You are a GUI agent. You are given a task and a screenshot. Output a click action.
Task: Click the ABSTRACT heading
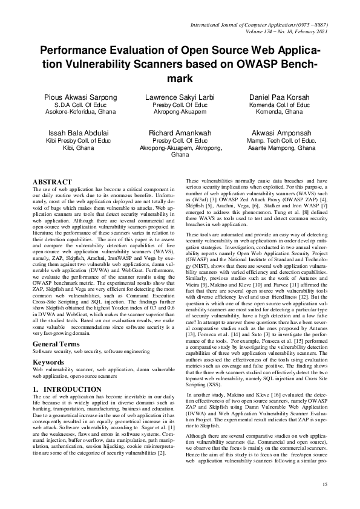pyautogui.click(x=52, y=181)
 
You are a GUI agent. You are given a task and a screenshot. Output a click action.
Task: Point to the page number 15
pyautogui.click(x=324, y=484)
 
